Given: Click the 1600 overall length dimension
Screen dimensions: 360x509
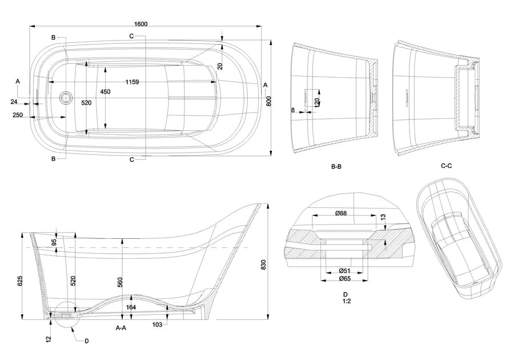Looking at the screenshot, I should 141,23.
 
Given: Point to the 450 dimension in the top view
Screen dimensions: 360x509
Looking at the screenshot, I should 105,91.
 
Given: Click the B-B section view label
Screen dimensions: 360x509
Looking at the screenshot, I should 336,166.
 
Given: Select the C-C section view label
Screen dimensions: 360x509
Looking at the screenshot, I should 447,166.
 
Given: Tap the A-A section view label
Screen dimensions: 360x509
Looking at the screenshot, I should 121,329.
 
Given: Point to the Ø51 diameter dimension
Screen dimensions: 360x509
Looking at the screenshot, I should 344,270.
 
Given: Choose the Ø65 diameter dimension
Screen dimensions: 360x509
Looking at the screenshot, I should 344,278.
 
